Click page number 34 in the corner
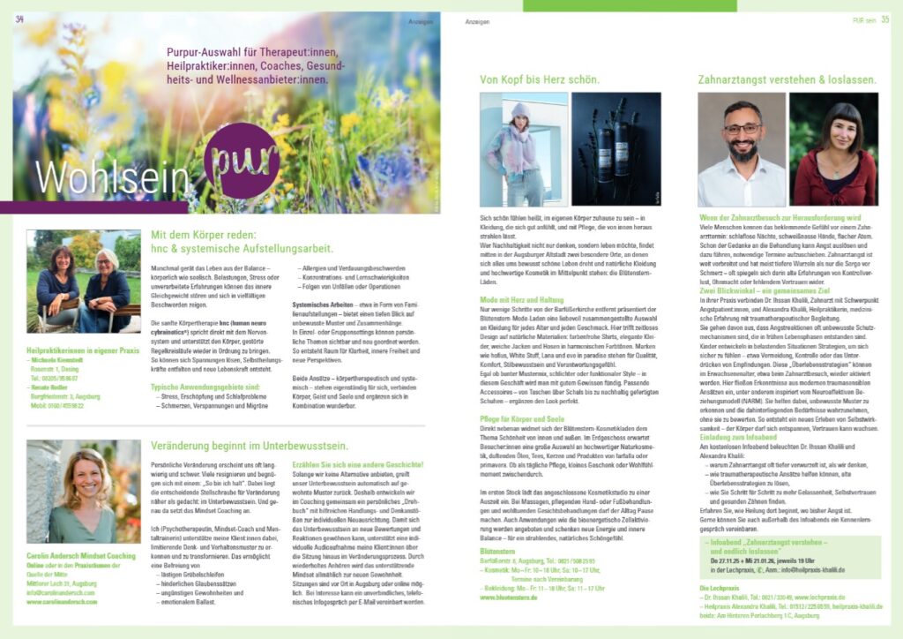[19, 19]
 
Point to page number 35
[883, 19]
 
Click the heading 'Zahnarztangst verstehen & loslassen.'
[787, 79]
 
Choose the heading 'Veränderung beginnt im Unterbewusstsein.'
[250, 446]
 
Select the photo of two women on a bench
[83, 281]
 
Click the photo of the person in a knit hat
[523, 150]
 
